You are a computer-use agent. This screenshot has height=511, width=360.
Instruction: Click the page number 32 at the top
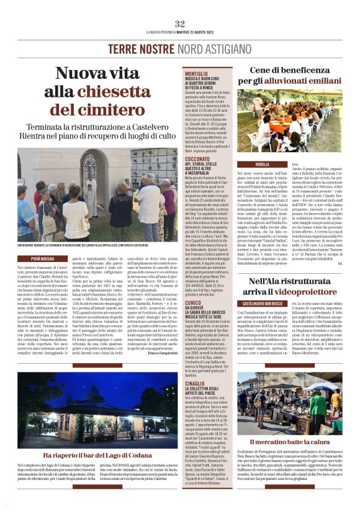pos(180,24)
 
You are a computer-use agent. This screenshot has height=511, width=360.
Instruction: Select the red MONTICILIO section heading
pos(196,75)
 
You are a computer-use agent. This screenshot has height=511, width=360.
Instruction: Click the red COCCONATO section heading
pos(198,159)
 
